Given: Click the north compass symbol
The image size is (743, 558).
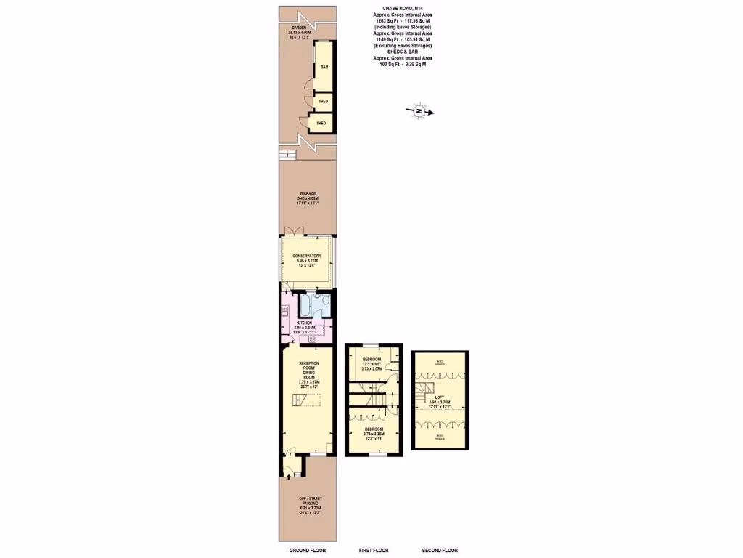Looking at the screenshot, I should (x=419, y=111).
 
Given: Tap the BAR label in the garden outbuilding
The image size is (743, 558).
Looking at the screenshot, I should (x=324, y=67).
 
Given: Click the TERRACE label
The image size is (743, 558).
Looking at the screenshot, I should (x=307, y=193).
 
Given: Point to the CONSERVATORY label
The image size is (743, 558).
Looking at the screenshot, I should (x=307, y=256).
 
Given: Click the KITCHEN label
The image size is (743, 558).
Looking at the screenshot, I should (x=303, y=323).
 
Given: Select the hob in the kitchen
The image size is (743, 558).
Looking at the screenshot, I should (x=313, y=339).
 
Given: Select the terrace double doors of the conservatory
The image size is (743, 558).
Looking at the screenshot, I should (x=293, y=232).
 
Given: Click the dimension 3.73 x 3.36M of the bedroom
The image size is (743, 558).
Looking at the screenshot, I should (x=374, y=434).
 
